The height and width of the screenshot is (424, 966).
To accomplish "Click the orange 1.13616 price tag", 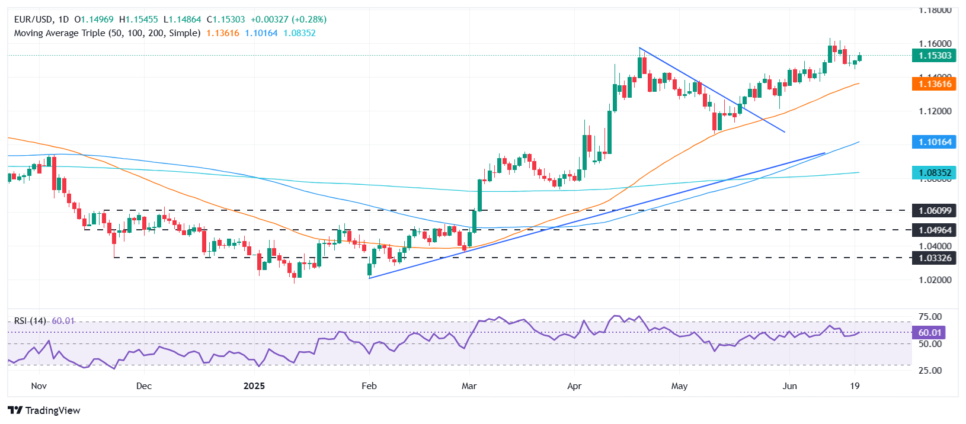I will (x=935, y=84).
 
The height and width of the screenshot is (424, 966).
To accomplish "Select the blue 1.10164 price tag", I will (x=935, y=142).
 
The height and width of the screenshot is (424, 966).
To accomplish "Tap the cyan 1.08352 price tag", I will (x=935, y=173).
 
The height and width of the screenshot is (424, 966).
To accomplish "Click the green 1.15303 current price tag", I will (x=935, y=56).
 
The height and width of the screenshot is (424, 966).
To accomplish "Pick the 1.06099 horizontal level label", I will (x=935, y=211).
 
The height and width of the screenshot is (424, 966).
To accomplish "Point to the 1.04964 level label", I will (x=935, y=230).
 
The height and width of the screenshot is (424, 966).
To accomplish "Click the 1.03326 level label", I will (x=935, y=258).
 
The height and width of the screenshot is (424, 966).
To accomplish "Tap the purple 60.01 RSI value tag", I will (x=929, y=333).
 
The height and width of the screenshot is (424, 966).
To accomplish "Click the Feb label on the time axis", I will (x=369, y=386).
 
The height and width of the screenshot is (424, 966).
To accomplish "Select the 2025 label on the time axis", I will (x=254, y=386).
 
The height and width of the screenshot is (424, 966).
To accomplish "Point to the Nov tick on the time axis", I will (x=39, y=386).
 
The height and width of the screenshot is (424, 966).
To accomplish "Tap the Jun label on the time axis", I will (x=789, y=386).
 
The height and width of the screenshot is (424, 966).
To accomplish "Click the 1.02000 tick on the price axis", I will (x=935, y=280).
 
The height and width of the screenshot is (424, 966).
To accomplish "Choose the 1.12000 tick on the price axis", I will (x=935, y=111).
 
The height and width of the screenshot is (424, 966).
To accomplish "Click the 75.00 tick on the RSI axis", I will (x=929, y=317).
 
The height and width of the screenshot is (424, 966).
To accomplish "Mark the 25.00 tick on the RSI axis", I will (x=929, y=371).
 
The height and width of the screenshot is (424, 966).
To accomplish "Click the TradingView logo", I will (x=44, y=410).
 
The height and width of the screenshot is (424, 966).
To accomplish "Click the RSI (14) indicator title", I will (x=30, y=321).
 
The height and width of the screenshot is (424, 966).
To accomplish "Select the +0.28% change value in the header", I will (x=309, y=20).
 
